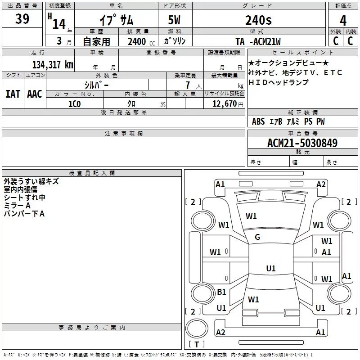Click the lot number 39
click(22, 19)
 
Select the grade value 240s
click(258, 20)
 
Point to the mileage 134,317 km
click(53, 64)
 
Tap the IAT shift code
click(13, 94)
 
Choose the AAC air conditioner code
click(35, 94)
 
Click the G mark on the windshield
click(257, 237)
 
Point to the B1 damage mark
click(221, 292)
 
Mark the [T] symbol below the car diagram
click(197, 345)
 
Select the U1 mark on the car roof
click(270, 269)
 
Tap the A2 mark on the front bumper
click(321, 184)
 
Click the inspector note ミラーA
click(18, 206)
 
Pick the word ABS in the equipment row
click(258, 121)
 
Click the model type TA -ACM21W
click(258, 41)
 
